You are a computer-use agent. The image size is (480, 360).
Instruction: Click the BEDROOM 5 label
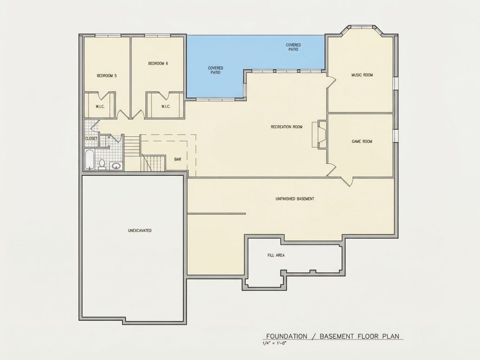point(106,75)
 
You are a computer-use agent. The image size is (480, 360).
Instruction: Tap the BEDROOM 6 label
point(158,64)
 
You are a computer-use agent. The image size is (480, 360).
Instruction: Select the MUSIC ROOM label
point(362,75)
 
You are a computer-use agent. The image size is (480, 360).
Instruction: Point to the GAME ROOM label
point(362,141)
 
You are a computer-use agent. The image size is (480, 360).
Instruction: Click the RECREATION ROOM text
point(287,127)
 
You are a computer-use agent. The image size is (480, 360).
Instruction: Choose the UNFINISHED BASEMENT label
point(295,199)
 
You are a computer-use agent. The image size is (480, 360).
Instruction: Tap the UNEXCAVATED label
point(140,231)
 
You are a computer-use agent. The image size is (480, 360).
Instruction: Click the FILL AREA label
point(276,255)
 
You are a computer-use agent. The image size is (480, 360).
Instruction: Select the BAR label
point(178,159)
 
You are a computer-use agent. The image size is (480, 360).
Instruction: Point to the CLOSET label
point(91,139)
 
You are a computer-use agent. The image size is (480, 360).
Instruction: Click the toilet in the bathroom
point(102,165)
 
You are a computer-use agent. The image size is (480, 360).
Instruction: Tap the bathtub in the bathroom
point(89,159)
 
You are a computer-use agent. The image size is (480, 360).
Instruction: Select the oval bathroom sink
point(116,166)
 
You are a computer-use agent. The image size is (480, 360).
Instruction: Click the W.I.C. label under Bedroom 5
point(100,107)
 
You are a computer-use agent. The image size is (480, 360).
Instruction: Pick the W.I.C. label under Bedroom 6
point(166,107)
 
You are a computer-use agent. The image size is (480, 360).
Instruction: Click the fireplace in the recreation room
point(319,135)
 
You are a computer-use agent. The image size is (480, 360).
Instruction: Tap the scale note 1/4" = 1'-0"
point(274,343)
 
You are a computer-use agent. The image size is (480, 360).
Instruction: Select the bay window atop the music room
point(362,30)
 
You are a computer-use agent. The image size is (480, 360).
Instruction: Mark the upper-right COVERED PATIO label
point(293,47)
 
